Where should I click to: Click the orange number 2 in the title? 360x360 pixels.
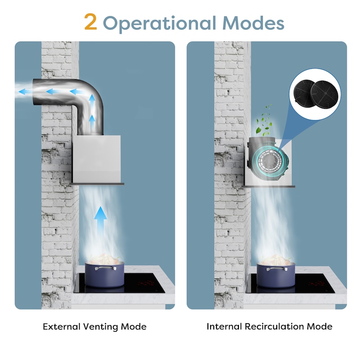pos(90,22)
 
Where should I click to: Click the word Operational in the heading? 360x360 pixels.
pos(160,23)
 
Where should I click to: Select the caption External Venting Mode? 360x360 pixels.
pos(94,327)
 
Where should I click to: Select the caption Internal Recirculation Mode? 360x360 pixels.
pos(269,326)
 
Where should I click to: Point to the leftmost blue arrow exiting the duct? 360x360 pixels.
pos(25,92)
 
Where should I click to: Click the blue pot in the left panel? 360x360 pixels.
pos(105,274)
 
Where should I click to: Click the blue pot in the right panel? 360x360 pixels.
pos(276,274)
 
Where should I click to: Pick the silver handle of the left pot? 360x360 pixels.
pos(106,268)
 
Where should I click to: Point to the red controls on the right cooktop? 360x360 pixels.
pos(317,283)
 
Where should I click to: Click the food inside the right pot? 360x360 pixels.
pos(275,259)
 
